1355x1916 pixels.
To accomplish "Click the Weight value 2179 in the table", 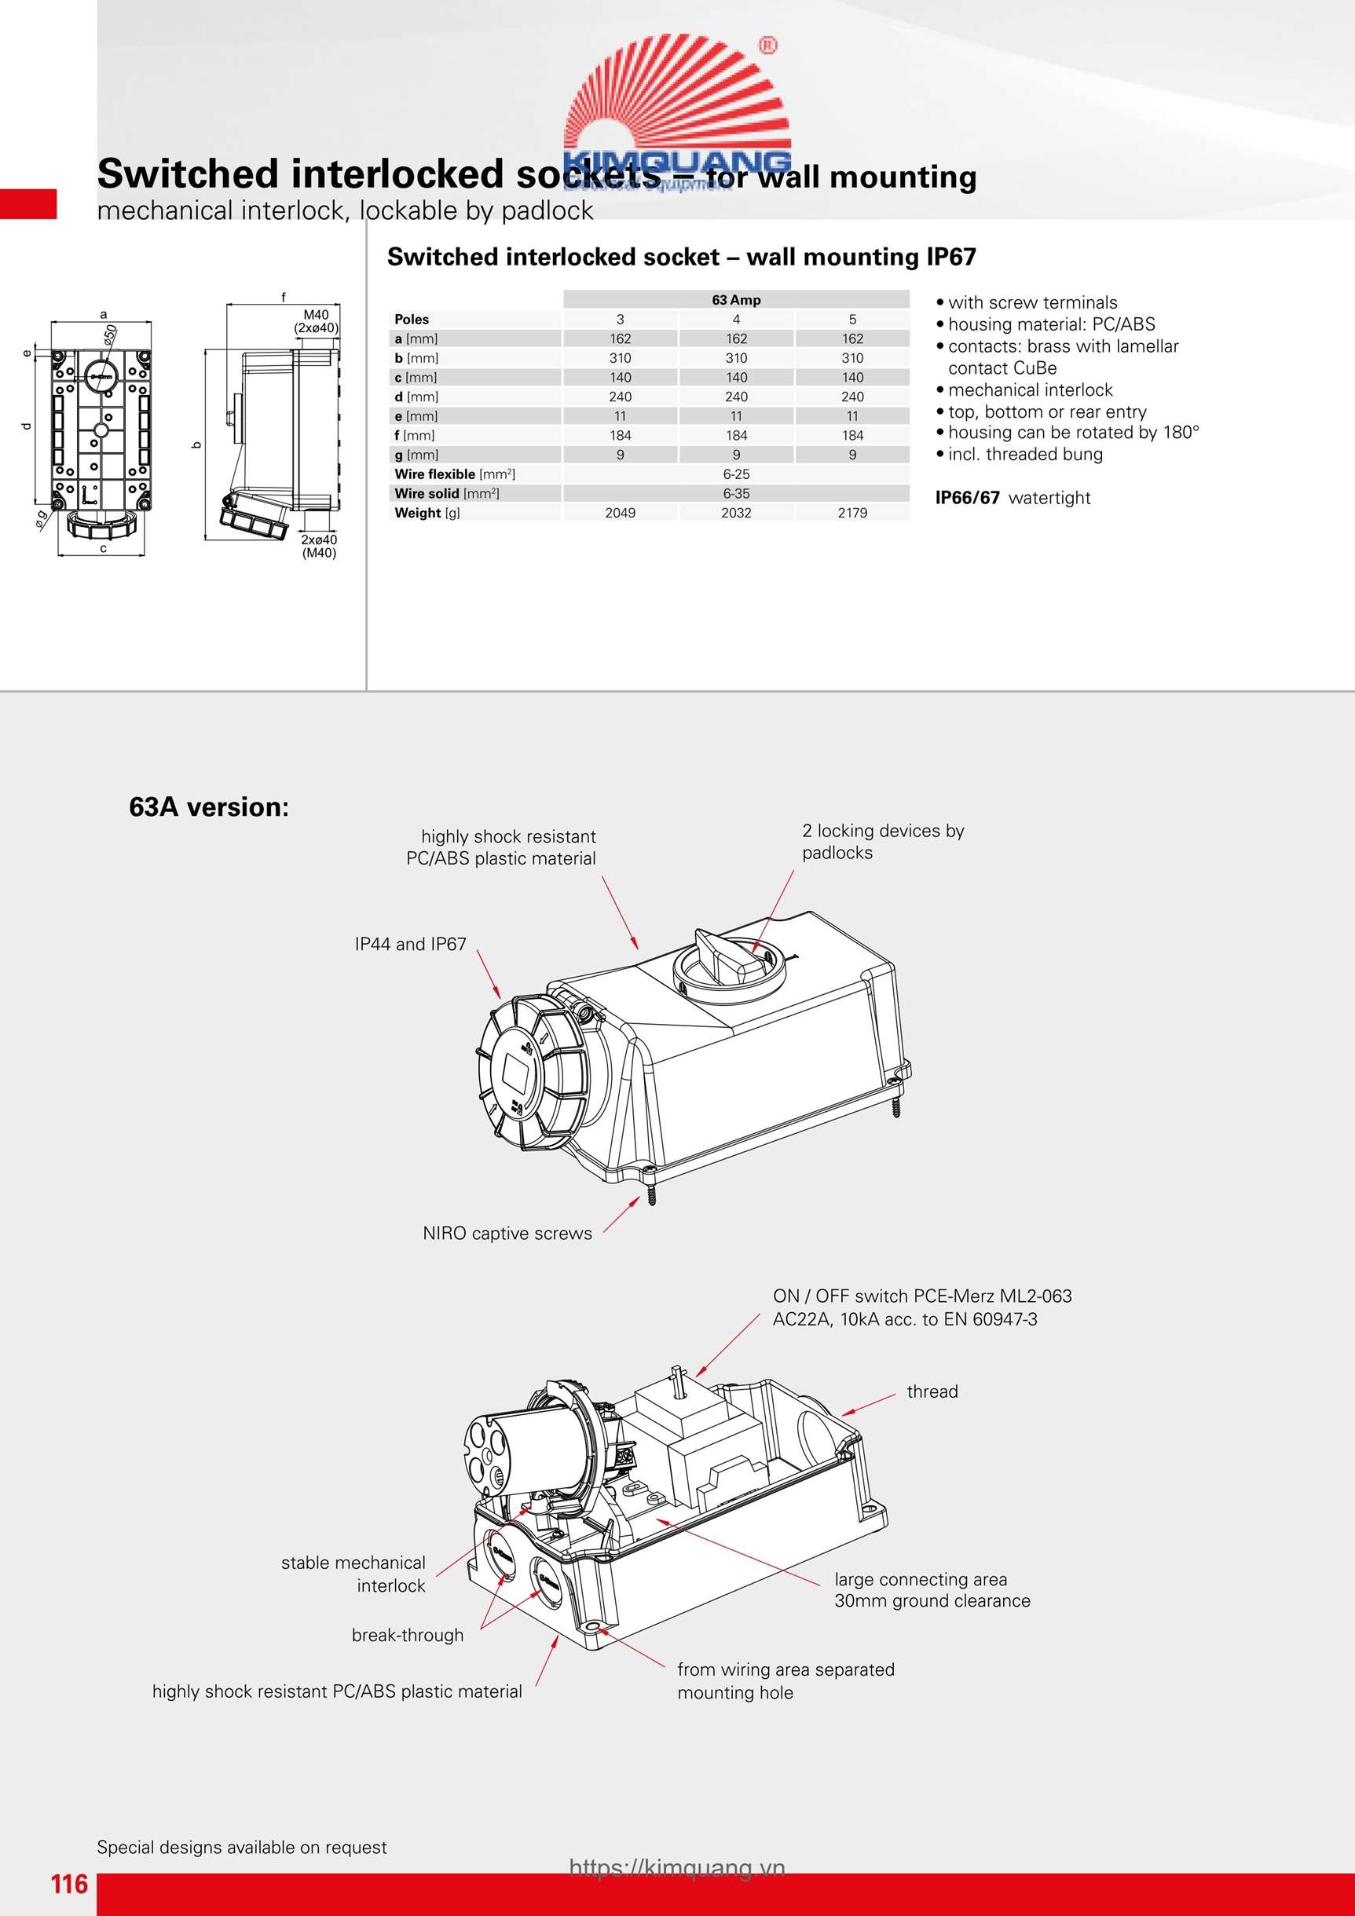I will click(852, 514).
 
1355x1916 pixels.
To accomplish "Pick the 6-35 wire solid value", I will click(735, 493).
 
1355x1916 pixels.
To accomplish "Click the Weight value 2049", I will click(621, 514).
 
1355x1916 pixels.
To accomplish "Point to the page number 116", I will click(69, 1884).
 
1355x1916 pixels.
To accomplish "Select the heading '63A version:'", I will click(209, 807).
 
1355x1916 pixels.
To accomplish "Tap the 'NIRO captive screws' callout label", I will click(507, 1234).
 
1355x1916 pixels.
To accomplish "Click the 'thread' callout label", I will click(932, 1391).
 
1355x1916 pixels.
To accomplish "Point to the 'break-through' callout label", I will click(408, 1635).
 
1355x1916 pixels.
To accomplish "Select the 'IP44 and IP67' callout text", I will click(410, 944).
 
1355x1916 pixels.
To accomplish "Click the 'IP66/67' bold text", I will click(967, 498).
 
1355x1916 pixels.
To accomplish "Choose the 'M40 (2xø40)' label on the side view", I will click(317, 321).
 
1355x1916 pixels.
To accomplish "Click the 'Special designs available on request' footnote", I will click(241, 1847).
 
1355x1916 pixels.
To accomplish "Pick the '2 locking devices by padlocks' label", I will click(882, 841).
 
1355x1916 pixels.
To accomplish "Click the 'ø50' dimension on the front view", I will click(109, 335).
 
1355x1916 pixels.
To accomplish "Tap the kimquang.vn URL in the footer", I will click(677, 1867).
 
